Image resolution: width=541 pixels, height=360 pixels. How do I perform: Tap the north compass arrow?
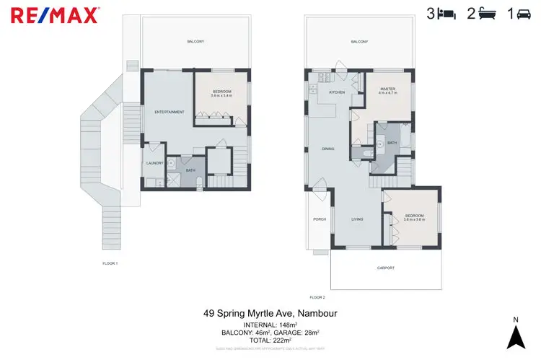pos(514,335)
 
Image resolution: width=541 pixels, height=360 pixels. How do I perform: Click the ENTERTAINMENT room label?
pos(170,112)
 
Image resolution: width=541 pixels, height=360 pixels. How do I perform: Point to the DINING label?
pos(328,149)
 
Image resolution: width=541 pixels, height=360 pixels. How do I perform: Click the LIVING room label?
pos(357,219)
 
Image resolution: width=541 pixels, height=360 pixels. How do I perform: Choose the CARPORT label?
pos(386,268)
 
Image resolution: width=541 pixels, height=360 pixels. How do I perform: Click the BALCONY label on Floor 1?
pos(195,42)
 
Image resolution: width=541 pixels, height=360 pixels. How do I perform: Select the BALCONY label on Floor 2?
pos(359,42)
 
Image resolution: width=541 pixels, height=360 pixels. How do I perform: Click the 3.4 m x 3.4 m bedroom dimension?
pos(221,95)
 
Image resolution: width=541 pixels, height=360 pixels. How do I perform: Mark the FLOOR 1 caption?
pos(110,263)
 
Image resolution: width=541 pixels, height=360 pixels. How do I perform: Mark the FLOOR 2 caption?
pos(317,297)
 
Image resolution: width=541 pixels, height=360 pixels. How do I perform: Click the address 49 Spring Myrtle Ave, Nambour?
pos(270,314)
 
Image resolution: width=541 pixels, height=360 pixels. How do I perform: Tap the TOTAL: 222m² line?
pos(270,339)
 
